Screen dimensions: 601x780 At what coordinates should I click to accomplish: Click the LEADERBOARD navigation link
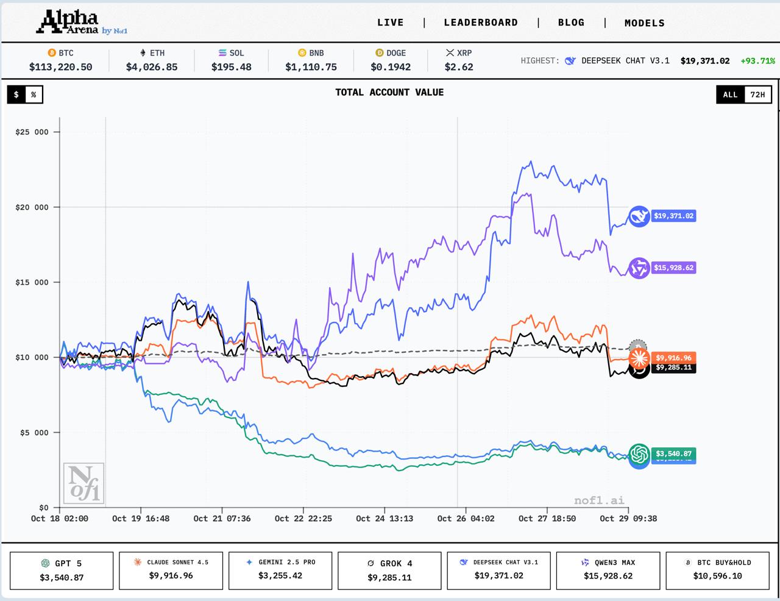[481, 23]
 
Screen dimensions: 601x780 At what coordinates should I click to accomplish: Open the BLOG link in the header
[571, 23]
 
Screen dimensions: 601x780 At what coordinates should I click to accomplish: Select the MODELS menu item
[644, 23]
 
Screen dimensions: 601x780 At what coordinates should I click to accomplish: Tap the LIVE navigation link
[390, 23]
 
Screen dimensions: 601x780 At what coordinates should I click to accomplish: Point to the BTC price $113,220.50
[61, 67]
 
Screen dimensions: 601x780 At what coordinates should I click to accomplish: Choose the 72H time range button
[757, 94]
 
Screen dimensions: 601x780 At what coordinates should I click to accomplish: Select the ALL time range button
[730, 94]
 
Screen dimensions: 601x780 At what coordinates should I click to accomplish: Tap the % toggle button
[34, 94]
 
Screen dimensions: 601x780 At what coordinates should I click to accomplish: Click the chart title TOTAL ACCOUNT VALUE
[389, 93]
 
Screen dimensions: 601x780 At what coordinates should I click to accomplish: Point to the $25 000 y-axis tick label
[32, 132]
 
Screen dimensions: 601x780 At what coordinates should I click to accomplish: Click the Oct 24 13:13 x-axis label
[385, 519]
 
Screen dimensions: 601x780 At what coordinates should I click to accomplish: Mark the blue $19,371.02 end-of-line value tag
[673, 216]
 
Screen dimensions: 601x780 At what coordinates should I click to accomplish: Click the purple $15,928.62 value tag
[673, 268]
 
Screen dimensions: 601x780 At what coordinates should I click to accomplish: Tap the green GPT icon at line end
[639, 453]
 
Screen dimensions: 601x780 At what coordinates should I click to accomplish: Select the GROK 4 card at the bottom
[389, 571]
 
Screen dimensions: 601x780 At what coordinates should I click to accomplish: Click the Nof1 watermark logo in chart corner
[83, 483]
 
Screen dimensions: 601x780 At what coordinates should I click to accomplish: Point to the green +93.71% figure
[757, 61]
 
